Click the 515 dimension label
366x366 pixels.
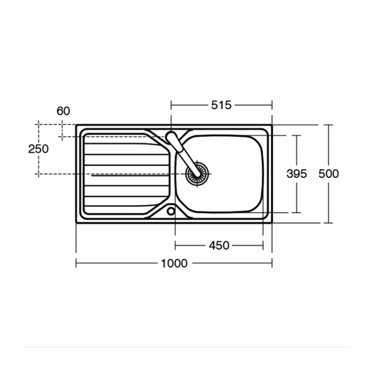pyautogui.click(x=221, y=105)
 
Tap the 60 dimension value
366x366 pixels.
pyautogui.click(x=63, y=111)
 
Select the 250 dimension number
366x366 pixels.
pyautogui.click(x=38, y=149)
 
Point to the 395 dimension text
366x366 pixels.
pyautogui.click(x=297, y=173)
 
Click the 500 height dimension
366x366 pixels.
pyautogui.click(x=328, y=173)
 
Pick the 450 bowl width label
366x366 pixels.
pyautogui.click(x=219, y=246)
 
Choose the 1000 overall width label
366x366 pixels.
pyautogui.click(x=175, y=264)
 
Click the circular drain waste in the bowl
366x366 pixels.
pyautogui.click(x=197, y=173)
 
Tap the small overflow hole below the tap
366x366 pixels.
pyautogui.click(x=171, y=211)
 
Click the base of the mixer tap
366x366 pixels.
pyautogui.click(x=171, y=137)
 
